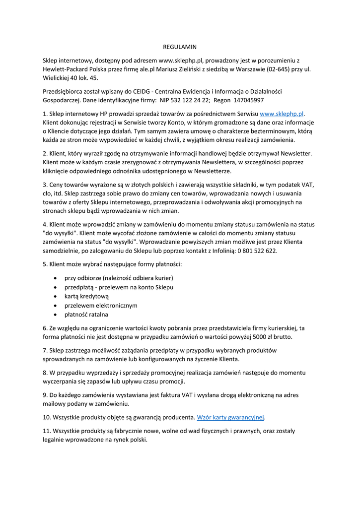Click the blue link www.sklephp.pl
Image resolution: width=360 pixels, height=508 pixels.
click(x=282, y=114)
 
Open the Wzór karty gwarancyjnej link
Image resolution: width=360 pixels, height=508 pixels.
click(x=230, y=417)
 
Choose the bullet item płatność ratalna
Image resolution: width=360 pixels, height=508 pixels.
click(x=86, y=315)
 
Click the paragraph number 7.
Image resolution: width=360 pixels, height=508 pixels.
click(x=45, y=350)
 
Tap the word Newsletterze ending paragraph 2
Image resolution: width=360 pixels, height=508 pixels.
click(x=213, y=171)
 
